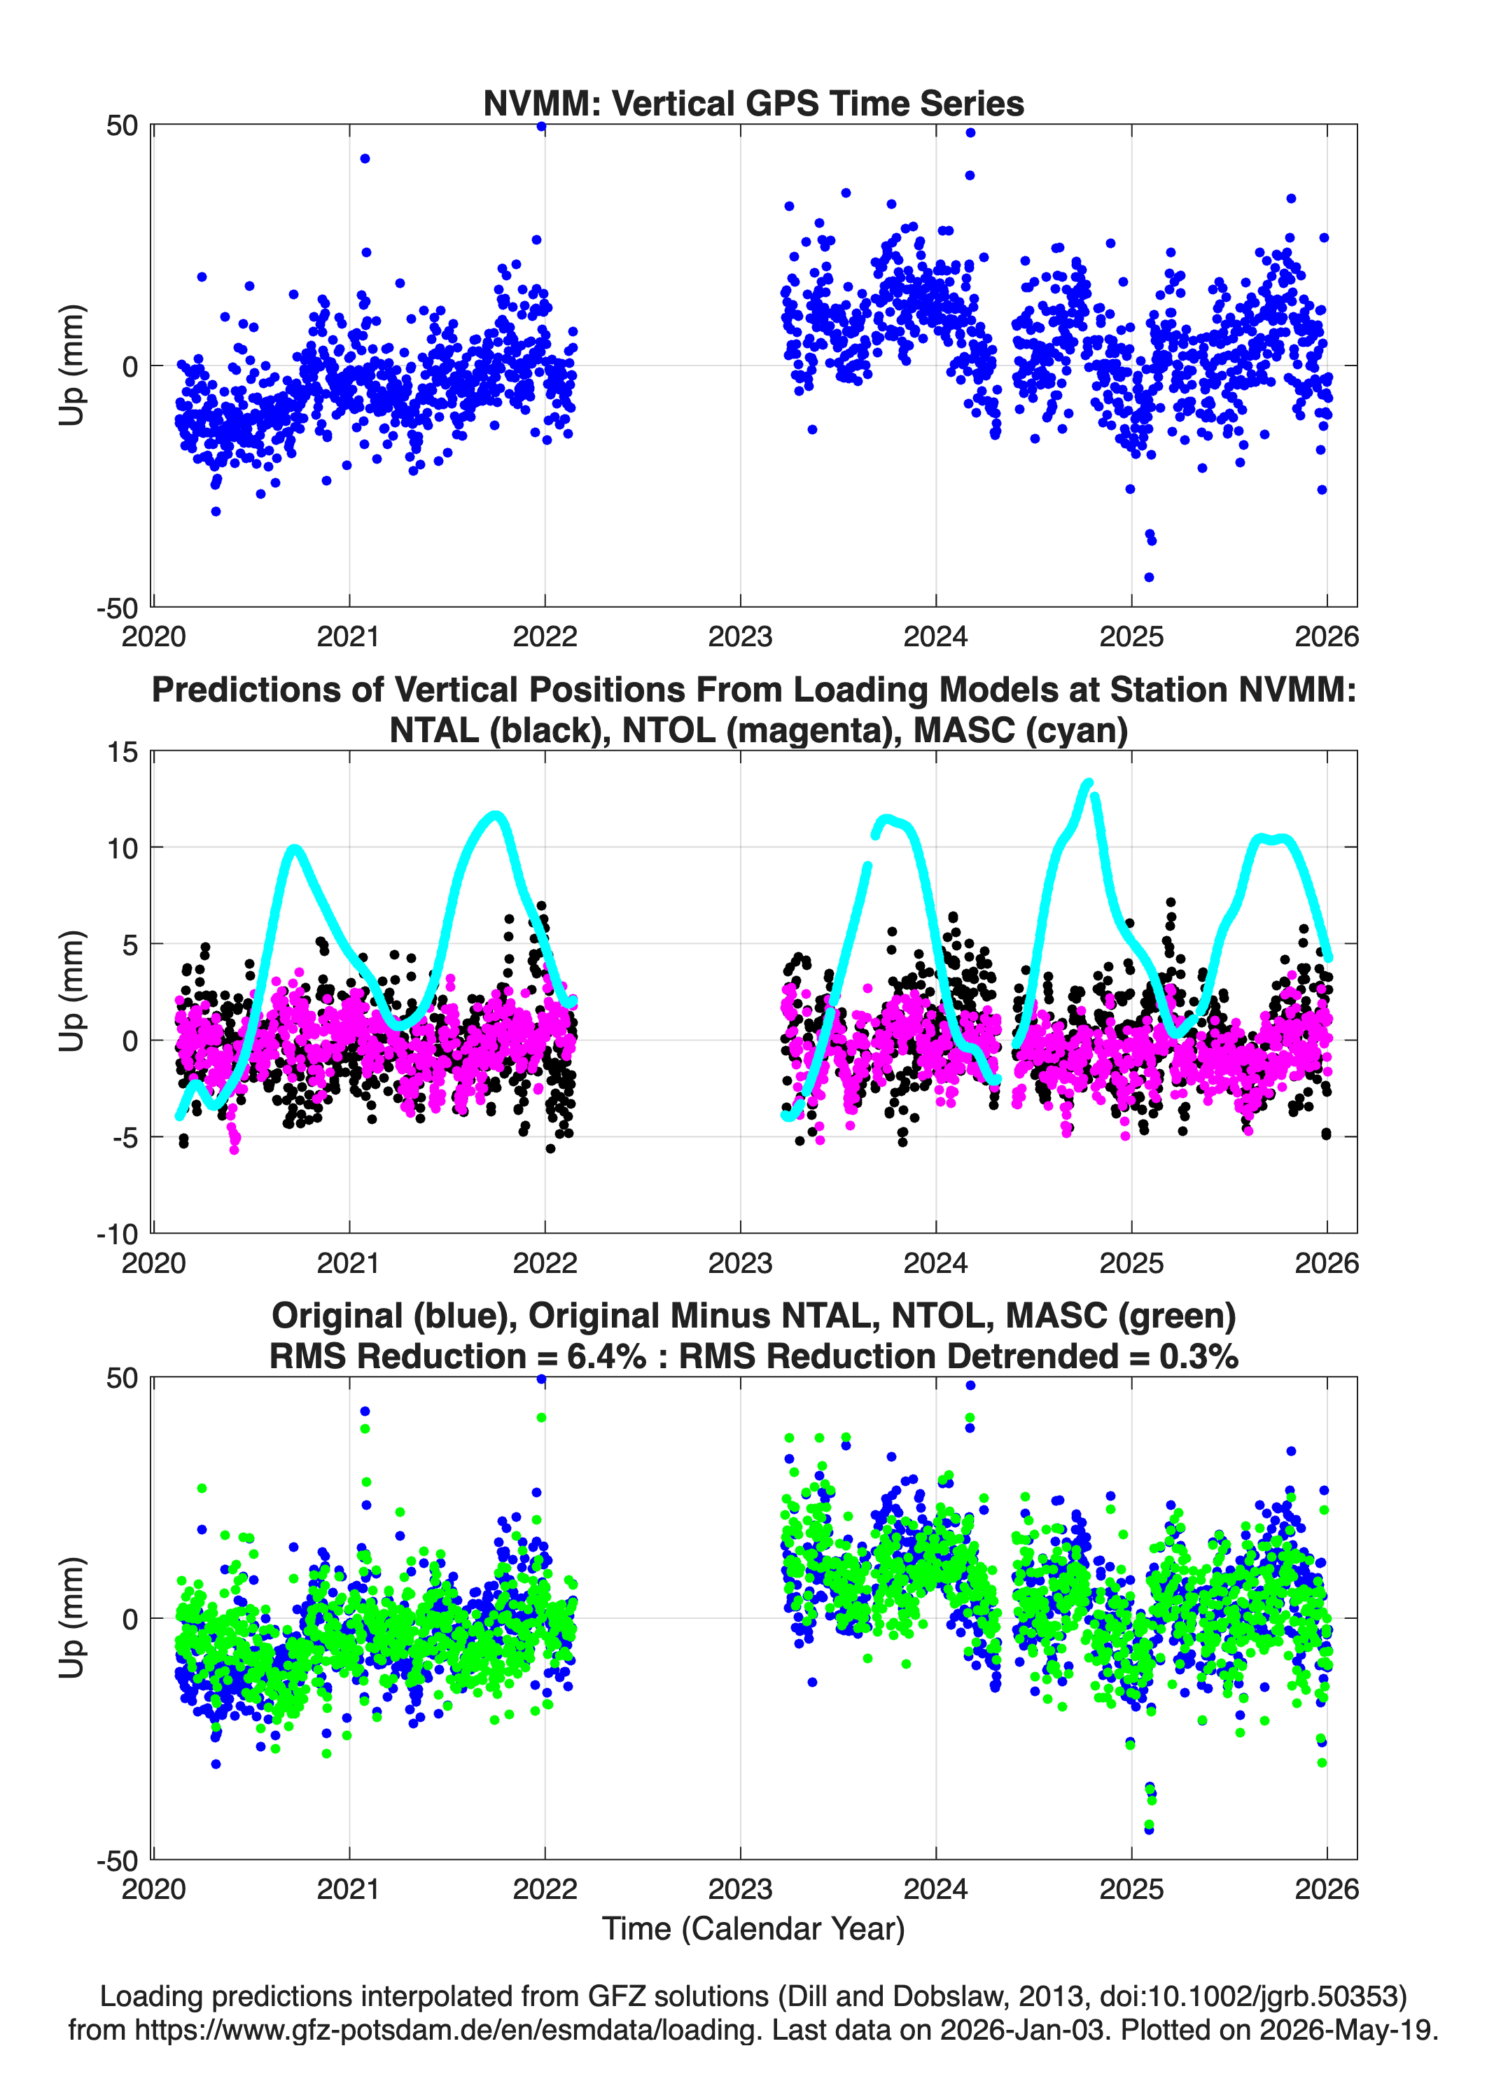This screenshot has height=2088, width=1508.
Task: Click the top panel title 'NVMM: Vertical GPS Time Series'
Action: pyautogui.click(x=753, y=103)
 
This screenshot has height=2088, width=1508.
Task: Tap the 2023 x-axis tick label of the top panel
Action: pyautogui.click(x=740, y=636)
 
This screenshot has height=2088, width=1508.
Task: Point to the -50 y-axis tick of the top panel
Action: pyautogui.click(x=117, y=608)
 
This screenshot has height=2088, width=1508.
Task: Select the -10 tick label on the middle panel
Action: pyautogui.click(x=117, y=1234)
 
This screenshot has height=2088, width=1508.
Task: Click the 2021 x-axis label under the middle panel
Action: pyautogui.click(x=349, y=1262)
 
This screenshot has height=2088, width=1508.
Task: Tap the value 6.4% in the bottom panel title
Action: pyautogui.click(x=606, y=1356)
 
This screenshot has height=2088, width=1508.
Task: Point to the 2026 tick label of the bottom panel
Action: pyautogui.click(x=1327, y=1888)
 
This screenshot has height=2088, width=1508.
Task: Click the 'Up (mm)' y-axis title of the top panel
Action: pyautogui.click(x=72, y=366)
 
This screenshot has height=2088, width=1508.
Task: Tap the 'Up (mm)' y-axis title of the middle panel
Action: pyautogui.click(x=72, y=991)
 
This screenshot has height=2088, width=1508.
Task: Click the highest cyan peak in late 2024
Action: pyautogui.click(x=1089, y=784)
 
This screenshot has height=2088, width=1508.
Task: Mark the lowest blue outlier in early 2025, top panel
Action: pyautogui.click(x=1149, y=577)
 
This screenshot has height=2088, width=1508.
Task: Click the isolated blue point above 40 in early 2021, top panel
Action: pyautogui.click(x=365, y=158)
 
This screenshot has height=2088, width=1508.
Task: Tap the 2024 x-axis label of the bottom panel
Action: pyautogui.click(x=935, y=1888)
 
